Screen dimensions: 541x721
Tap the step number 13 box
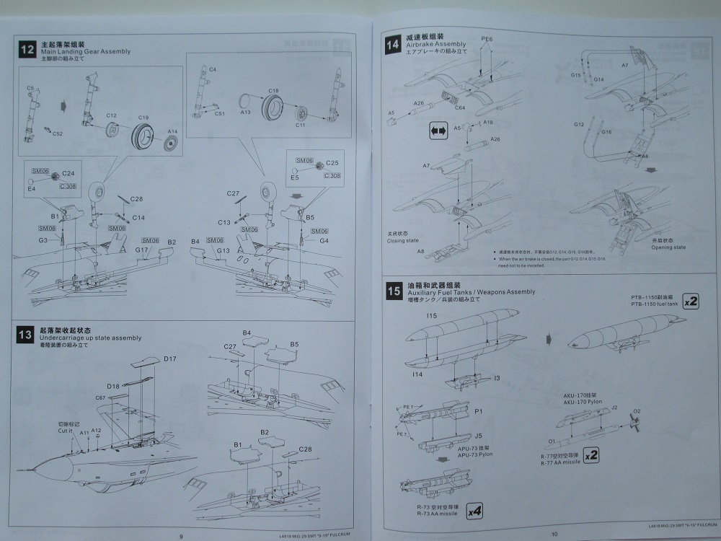pyautogui.click(x=25, y=334)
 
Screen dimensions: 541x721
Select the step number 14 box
pyautogui.click(x=393, y=44)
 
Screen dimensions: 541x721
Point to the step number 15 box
pyautogui.click(x=394, y=291)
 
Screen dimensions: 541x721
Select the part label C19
pyautogui.click(x=143, y=117)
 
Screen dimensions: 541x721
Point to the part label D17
pyautogui.click(x=170, y=359)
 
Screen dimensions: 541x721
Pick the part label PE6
pyautogui.click(x=487, y=38)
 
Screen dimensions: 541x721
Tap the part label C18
pyautogui.click(x=274, y=91)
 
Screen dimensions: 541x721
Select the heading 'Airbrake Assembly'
pyautogui.click(x=436, y=44)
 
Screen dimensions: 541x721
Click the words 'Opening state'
pyautogui.click(x=669, y=247)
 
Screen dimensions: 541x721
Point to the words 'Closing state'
pyautogui.click(x=403, y=242)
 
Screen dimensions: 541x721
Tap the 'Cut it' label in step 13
pyautogui.click(x=66, y=430)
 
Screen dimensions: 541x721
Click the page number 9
pyautogui.click(x=182, y=535)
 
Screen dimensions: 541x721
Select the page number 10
pyautogui.click(x=554, y=534)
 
